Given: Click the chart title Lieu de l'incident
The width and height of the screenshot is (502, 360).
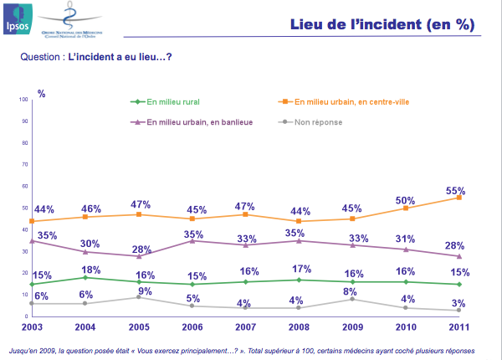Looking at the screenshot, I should pos(382,24).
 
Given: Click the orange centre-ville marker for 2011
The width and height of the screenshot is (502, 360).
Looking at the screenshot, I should pos(459,197).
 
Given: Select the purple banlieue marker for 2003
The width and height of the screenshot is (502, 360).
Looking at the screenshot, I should pos(32,240).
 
